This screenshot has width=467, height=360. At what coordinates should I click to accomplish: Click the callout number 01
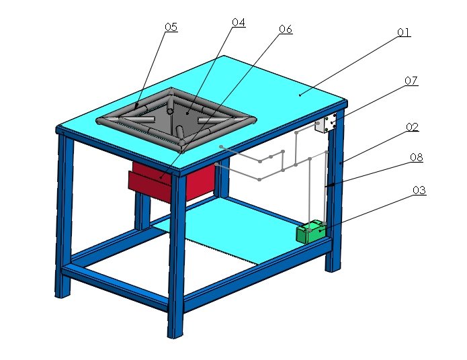click(x=403, y=32)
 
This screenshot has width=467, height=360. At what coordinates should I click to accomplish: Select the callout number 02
click(x=412, y=126)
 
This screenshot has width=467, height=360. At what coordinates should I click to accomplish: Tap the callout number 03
click(x=419, y=190)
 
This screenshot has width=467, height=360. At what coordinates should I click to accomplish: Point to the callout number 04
click(x=239, y=22)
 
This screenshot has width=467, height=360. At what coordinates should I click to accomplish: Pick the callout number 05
click(x=171, y=27)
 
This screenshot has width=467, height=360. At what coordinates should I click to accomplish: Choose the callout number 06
click(x=286, y=30)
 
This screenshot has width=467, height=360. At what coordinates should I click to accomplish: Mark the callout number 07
click(x=411, y=81)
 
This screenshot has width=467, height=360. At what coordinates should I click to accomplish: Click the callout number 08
click(x=417, y=158)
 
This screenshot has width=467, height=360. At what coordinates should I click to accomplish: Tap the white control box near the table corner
click(x=329, y=124)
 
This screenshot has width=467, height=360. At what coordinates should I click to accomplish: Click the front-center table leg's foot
click(x=175, y=330)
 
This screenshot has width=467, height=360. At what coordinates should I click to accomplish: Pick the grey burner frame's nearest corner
click(x=182, y=142)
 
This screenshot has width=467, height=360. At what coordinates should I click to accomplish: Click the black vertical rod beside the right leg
click(x=327, y=188)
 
